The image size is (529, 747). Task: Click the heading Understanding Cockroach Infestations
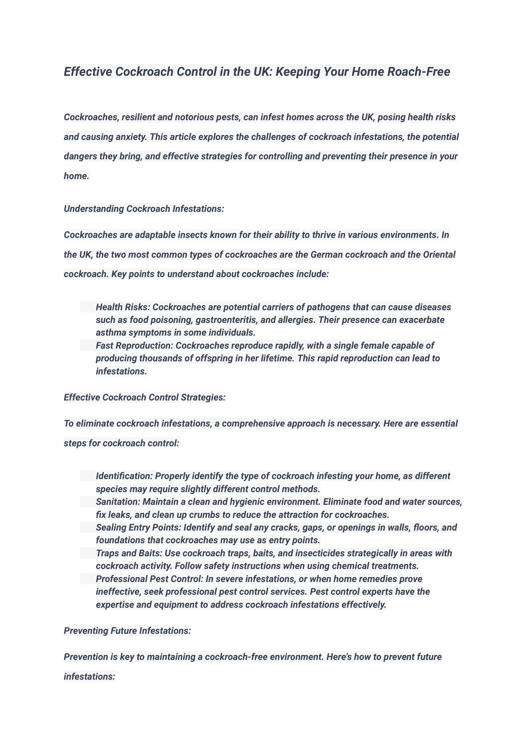tap(144, 209)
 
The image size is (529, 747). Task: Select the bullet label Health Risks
tap(123, 307)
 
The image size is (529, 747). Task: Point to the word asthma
tap(111, 332)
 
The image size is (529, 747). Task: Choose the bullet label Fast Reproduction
tap(134, 345)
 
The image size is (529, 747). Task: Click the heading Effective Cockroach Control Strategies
tap(145, 397)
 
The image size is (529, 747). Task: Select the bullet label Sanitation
tap(118, 502)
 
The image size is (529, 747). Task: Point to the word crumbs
tap(200, 515)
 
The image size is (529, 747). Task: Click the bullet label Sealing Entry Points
tap(138, 527)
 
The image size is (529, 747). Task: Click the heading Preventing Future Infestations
tap(127, 631)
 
